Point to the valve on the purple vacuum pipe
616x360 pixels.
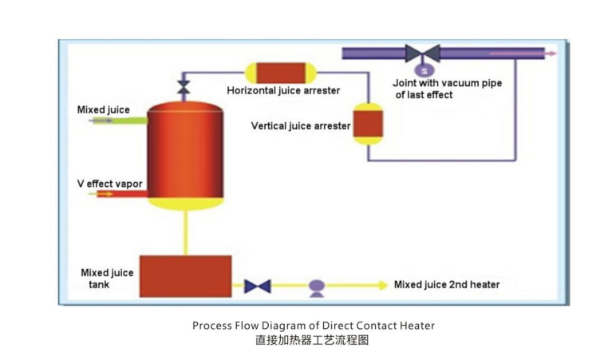point(422,53)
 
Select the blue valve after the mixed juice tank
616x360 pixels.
point(257,285)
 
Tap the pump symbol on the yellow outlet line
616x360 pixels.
point(315,286)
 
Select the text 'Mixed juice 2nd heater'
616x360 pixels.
point(448,285)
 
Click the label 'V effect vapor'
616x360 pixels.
point(109,184)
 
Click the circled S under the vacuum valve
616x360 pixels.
point(422,69)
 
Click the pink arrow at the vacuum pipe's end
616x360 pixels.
point(551,53)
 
